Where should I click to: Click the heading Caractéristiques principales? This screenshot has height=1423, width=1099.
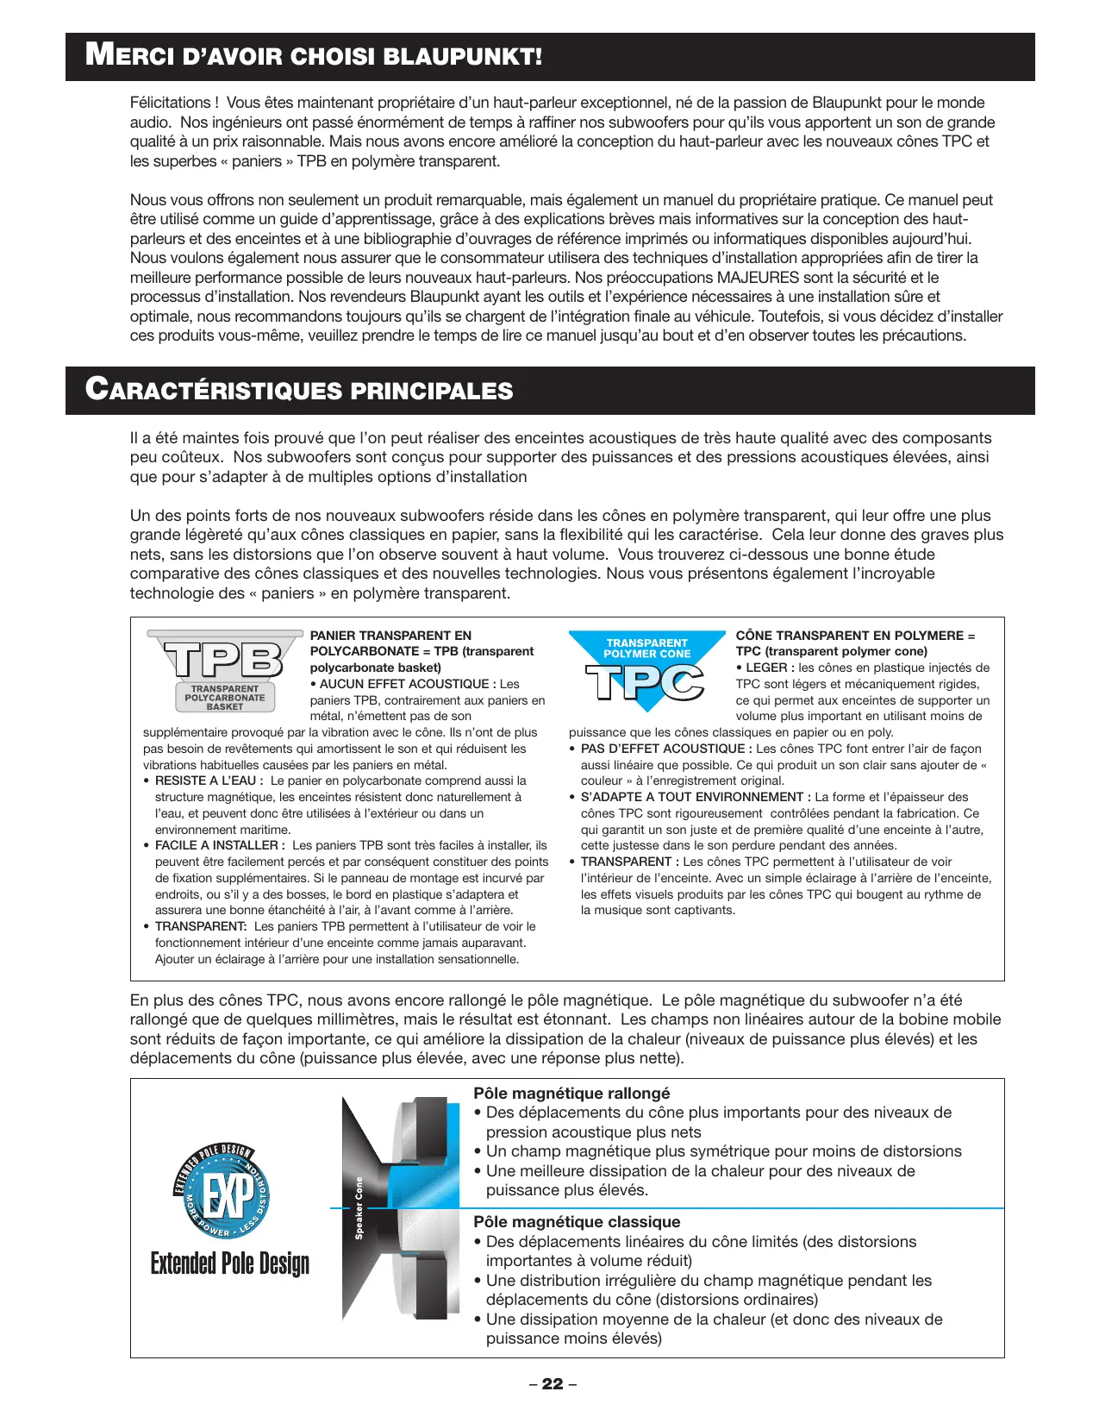pyautogui.click(x=299, y=390)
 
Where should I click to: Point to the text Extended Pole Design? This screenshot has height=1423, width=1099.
pyautogui.click(x=229, y=1263)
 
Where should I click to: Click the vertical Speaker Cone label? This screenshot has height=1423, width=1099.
pyautogui.click(x=359, y=1207)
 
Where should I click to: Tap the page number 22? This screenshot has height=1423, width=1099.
pyautogui.click(x=553, y=1384)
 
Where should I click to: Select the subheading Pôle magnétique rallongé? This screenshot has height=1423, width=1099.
pyautogui.click(x=571, y=1094)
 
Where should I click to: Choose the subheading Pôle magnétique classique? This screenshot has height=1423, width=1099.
pyautogui.click(x=577, y=1222)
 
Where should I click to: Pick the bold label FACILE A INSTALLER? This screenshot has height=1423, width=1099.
pyautogui.click(x=219, y=845)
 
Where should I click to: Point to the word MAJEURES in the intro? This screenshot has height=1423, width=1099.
pyautogui.click(x=758, y=278)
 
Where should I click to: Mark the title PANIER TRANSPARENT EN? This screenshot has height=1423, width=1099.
pyautogui.click(x=390, y=636)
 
